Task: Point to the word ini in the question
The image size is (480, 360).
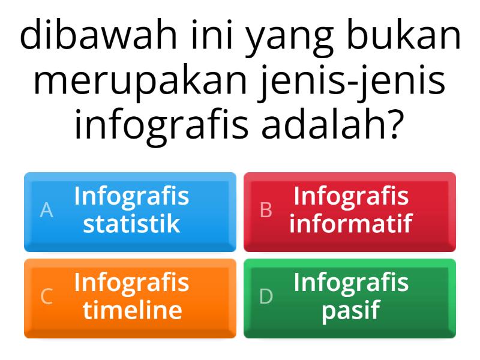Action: (x=212, y=37)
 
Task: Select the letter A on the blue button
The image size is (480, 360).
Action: (x=46, y=211)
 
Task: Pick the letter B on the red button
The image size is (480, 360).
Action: (x=266, y=211)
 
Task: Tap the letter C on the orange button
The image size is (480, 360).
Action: (x=46, y=297)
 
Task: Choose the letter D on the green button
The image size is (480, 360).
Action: (x=266, y=297)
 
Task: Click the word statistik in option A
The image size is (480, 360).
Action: (x=131, y=224)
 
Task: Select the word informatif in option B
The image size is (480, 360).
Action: (x=351, y=224)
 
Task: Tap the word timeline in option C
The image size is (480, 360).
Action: (x=132, y=310)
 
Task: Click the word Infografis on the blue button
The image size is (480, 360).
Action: (x=131, y=196)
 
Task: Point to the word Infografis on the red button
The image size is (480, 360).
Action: (x=351, y=196)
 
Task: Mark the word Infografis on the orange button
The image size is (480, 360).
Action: (x=131, y=283)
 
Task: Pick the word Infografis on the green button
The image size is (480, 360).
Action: (x=351, y=283)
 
